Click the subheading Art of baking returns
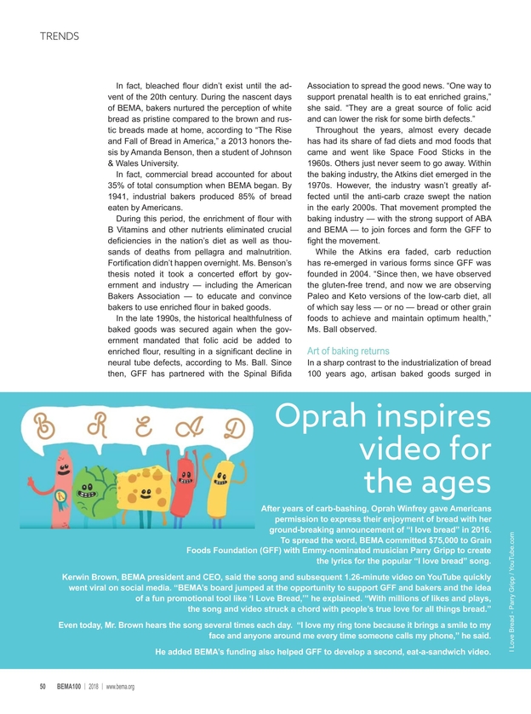point(348,351)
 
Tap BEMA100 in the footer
point(71,687)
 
